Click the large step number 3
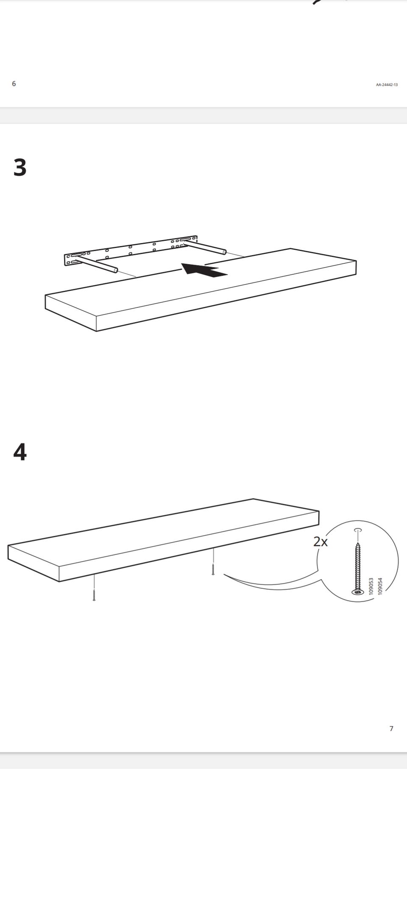20,168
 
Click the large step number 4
20,452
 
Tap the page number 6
14,84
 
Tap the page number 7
391,729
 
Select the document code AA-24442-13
387,85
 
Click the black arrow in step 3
204,270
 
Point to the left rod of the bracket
96,262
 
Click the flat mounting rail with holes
131,251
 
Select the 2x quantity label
321,541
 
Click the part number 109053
371,586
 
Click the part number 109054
380,586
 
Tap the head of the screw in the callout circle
357,592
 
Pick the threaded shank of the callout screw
357,566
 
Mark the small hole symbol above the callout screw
358,530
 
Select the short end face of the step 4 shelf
33,563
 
